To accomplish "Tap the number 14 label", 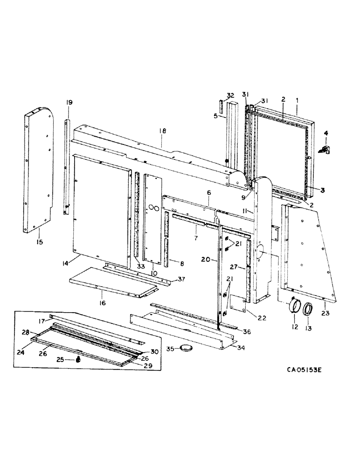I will [x=65, y=263].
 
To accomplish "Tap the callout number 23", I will [x=325, y=313].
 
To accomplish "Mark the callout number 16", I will [x=102, y=303].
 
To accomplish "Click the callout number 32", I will [x=230, y=96].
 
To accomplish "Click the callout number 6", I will [x=209, y=193].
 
